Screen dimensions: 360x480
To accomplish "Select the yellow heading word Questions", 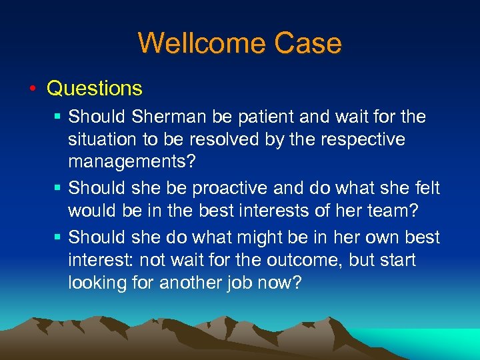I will click(x=95, y=88).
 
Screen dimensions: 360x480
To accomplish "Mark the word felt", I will click(x=427, y=188).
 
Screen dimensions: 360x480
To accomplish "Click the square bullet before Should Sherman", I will click(x=59, y=117).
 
